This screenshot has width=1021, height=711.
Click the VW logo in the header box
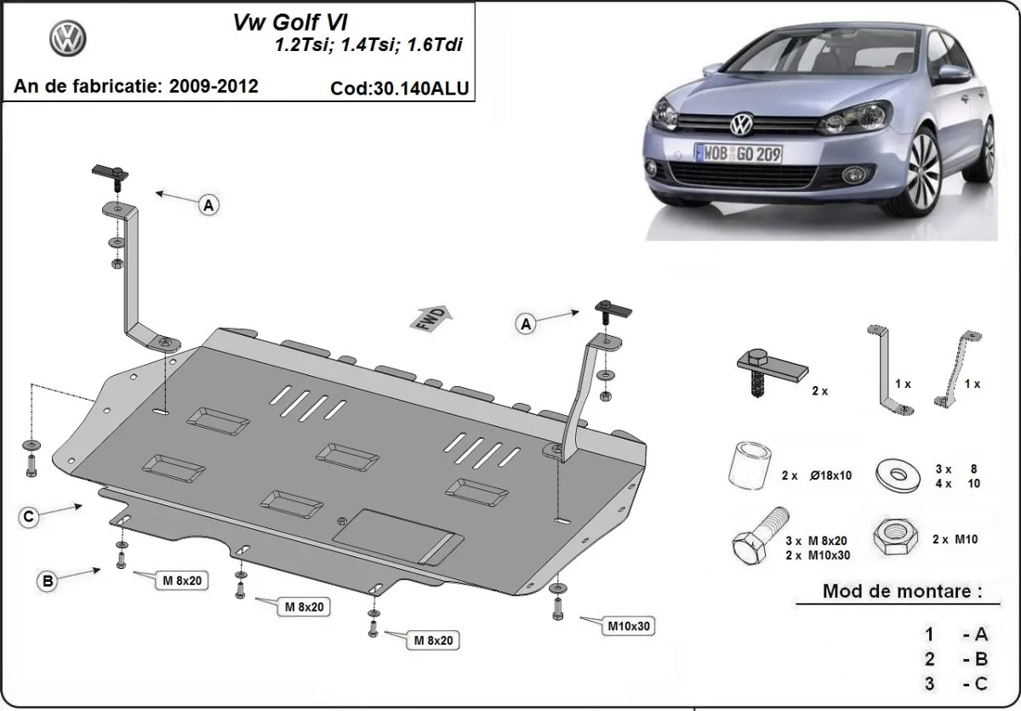67,38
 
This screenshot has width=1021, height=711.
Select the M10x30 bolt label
629,627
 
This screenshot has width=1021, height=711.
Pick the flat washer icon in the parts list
896,472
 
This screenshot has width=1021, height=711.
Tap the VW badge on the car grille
740,125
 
